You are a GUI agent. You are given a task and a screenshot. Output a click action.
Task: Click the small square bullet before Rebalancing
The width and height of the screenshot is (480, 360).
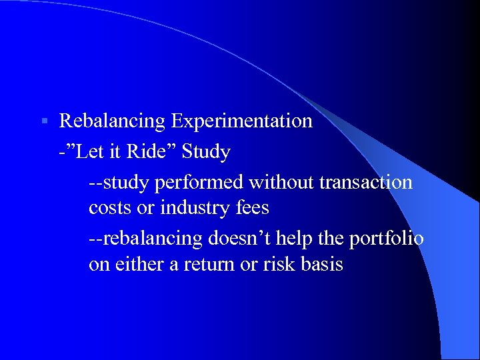[45, 121]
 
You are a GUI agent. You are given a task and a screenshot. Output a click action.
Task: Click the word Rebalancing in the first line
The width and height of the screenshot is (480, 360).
[112, 121]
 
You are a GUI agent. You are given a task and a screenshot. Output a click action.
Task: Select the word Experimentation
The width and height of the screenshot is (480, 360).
[241, 121]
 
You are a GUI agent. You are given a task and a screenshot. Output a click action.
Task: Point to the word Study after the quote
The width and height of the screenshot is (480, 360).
[206, 152]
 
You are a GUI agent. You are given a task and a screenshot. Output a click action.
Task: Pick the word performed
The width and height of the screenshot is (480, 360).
[199, 183]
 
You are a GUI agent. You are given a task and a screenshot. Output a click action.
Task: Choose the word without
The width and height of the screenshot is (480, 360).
[281, 182]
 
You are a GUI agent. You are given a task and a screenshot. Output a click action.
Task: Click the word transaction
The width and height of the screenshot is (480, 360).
[366, 183]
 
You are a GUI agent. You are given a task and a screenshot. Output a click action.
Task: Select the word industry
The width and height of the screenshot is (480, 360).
[195, 208]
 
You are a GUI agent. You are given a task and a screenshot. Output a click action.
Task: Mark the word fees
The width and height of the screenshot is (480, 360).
[252, 207]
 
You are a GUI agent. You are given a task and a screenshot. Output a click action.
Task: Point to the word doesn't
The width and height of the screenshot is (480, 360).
[239, 238]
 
